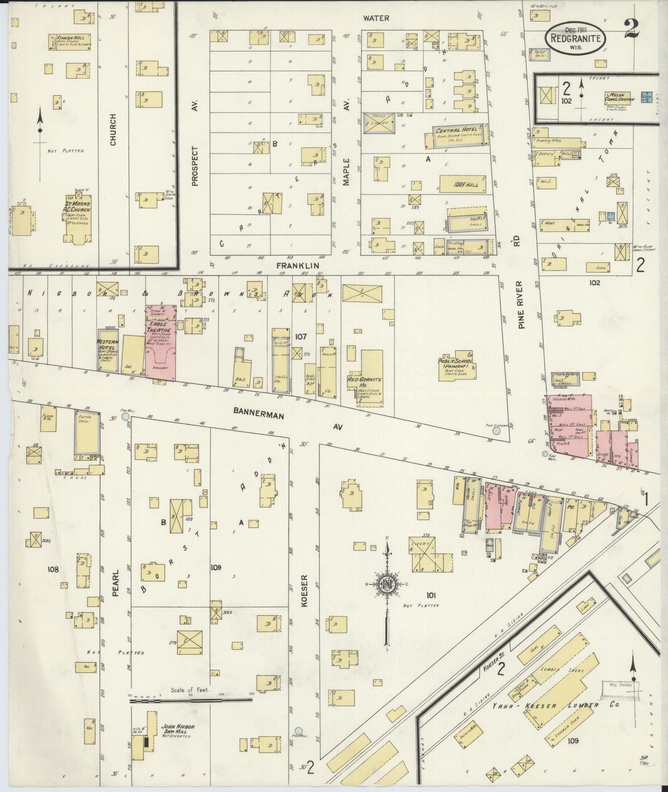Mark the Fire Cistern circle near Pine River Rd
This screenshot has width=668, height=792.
tap(496, 431)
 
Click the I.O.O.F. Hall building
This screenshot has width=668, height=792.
tap(462, 184)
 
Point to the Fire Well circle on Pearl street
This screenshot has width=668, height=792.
tap(125, 417)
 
